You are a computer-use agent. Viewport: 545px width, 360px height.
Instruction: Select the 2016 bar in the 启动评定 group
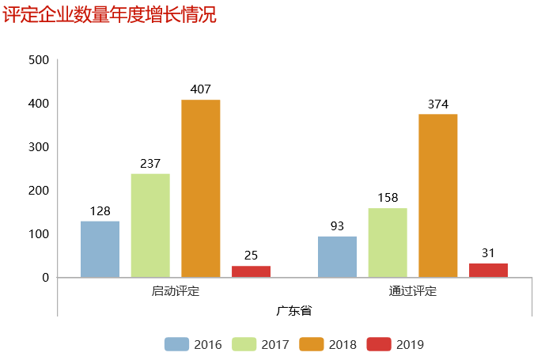tap(100, 249)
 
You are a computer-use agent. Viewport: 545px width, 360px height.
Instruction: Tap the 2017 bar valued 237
tap(150, 225)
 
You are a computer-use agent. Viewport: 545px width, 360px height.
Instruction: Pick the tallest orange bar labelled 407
tap(201, 188)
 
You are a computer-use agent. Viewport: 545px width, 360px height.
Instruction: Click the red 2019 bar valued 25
tap(251, 271)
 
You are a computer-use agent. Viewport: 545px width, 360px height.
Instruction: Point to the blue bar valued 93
tap(337, 256)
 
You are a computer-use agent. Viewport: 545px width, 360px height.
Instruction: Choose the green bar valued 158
tap(388, 242)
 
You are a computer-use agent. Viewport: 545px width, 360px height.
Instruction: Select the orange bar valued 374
tap(438, 195)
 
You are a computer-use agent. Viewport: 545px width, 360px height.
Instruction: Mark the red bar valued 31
tap(488, 270)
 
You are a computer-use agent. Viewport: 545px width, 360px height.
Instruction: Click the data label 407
tap(201, 89)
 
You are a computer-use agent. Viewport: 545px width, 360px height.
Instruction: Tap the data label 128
tap(100, 211)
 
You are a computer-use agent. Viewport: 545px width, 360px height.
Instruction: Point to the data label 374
tap(438, 104)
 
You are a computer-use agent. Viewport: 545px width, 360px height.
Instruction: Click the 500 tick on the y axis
tap(39, 60)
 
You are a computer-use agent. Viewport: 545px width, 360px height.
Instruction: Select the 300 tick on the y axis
tap(39, 147)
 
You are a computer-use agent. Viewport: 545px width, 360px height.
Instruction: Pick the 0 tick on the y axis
tap(45, 278)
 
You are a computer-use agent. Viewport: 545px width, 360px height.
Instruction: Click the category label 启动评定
tap(176, 291)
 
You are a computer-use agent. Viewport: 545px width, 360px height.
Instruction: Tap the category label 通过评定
tap(413, 291)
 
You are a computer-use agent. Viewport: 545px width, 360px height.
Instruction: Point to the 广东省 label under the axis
tap(294, 309)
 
